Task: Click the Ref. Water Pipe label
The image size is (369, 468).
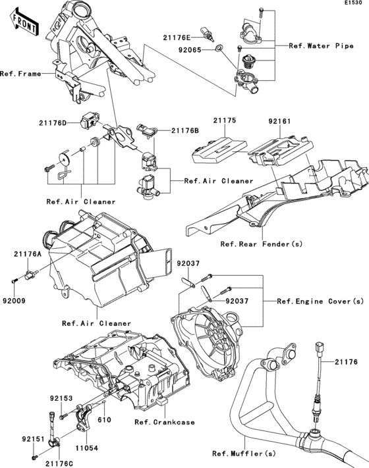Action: [x=317, y=46]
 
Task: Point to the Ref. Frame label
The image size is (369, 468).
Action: [x=20, y=73]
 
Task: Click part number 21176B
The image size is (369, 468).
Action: [x=185, y=130]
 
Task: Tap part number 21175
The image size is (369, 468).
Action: [x=224, y=122]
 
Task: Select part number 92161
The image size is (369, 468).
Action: [x=279, y=122]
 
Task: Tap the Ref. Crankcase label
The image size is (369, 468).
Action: [x=164, y=422]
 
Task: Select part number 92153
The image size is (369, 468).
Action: [x=61, y=398]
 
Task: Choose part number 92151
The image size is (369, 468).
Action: [x=32, y=437]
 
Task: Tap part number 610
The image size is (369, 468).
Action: [x=103, y=419]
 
